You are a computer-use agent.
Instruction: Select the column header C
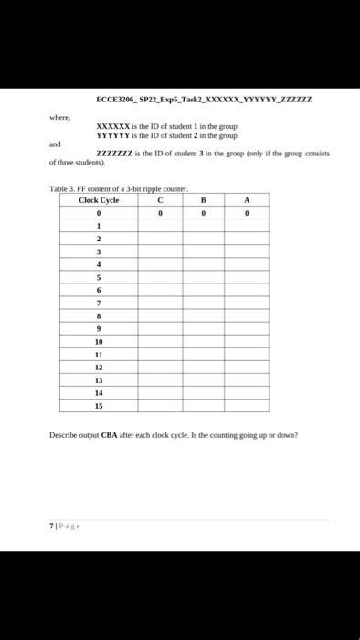(160, 200)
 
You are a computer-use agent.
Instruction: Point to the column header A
(247, 200)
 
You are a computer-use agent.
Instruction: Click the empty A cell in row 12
(247, 366)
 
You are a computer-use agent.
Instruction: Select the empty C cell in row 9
(160, 327)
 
